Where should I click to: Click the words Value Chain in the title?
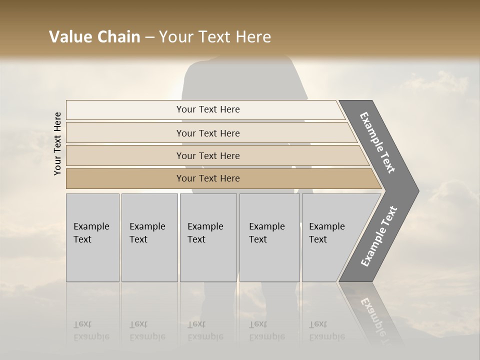point(94,37)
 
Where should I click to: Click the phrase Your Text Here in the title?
point(215,37)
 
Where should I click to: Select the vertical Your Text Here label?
point(57,143)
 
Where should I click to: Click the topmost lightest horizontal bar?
point(208,109)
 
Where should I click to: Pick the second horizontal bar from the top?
point(208,133)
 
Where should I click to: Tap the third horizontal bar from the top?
point(208,155)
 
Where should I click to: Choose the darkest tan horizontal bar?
point(208,178)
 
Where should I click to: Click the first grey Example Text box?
point(92,237)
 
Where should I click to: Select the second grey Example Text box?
point(149,237)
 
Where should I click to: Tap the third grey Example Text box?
point(208,237)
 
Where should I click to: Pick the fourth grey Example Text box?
point(269,237)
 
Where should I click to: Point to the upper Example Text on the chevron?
point(377,142)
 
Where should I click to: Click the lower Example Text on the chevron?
point(379,236)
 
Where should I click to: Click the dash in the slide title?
point(149,37)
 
